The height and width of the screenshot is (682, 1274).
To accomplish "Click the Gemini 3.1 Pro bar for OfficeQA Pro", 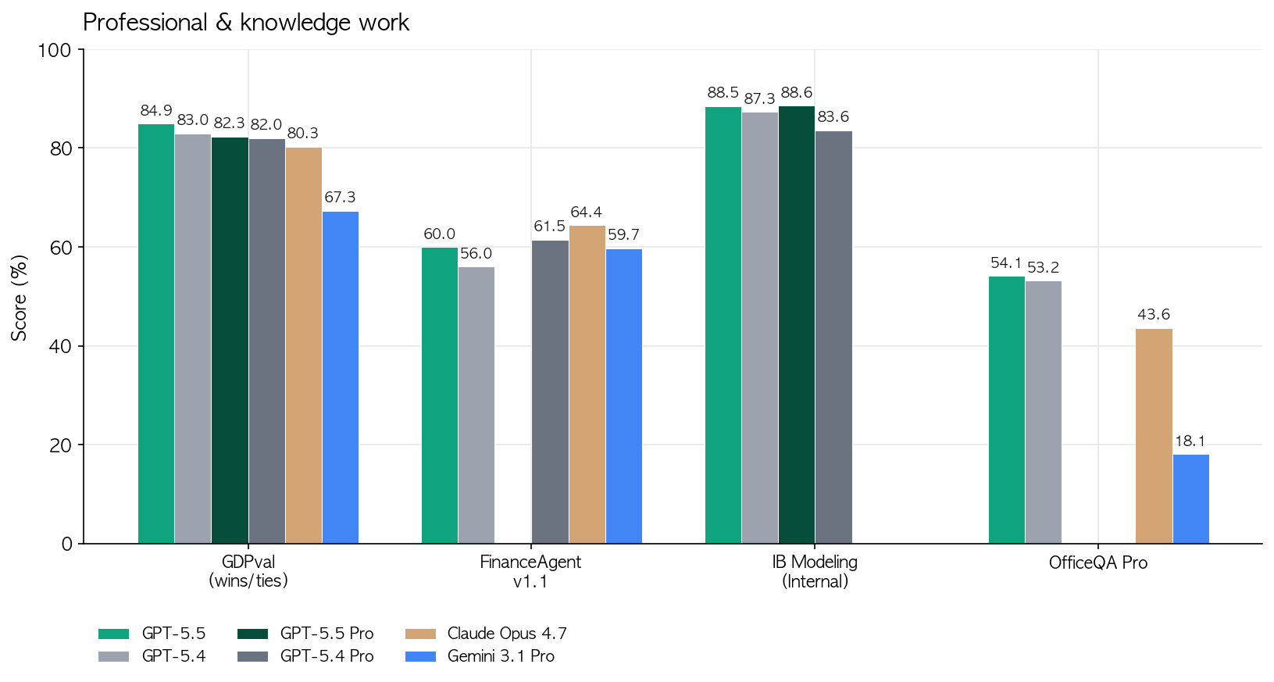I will coord(1191,499).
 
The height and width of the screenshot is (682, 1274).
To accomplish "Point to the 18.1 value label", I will coord(1190,441).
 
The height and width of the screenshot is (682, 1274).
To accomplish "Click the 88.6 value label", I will coord(797,93).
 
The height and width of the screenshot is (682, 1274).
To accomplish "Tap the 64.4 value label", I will coord(587,212).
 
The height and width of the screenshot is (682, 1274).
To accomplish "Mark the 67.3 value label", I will coord(341,198).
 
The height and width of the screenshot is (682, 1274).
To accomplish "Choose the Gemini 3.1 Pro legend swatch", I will coord(421,657).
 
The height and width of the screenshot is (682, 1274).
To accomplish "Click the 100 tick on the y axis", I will coord(55,50).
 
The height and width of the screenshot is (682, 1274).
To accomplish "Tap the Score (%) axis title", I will coord(20,297).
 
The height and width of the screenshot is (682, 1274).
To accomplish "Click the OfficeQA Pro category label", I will coord(1098,563).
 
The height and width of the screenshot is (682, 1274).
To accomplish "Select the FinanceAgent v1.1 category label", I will coord(530,572).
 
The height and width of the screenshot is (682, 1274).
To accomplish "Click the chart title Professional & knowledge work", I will coord(246,23).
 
